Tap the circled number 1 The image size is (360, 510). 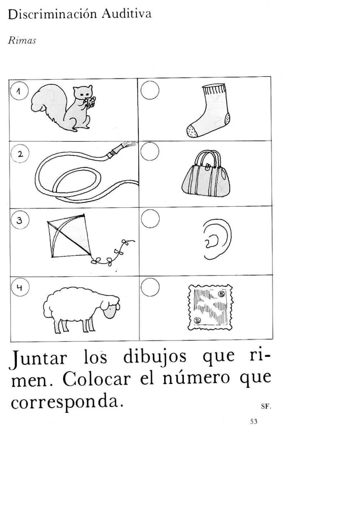click(20, 91)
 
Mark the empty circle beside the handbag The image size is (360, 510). click(150, 151)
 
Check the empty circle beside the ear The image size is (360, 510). click(150, 219)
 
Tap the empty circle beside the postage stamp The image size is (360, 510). click(150, 289)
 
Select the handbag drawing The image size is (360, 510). click(206, 174)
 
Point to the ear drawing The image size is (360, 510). click(217, 239)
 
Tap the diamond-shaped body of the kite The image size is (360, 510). click(69, 236)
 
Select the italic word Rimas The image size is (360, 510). click(21, 41)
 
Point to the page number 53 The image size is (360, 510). click(253, 421)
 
